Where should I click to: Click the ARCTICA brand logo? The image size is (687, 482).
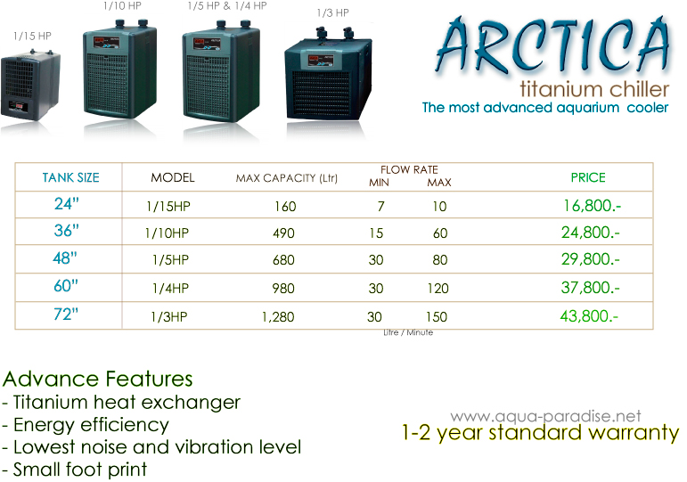point(553,47)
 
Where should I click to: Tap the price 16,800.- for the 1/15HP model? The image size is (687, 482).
point(592,206)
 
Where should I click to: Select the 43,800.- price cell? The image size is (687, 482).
point(589,316)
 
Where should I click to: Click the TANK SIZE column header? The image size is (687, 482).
point(71,177)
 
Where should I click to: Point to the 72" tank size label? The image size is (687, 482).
point(66,314)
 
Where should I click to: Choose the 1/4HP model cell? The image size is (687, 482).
point(170,289)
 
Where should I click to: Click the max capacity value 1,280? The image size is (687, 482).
point(278,317)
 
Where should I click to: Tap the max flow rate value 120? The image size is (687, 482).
point(438,289)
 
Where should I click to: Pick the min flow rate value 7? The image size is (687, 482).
point(381,206)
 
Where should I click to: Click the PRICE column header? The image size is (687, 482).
point(588,177)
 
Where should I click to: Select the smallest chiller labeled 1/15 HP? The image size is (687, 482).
point(30,85)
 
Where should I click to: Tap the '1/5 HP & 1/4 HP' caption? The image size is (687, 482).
point(227,5)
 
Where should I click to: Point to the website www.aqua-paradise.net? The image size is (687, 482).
point(545,416)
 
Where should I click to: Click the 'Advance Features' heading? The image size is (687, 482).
point(97,379)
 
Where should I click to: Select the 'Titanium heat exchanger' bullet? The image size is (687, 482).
point(121,402)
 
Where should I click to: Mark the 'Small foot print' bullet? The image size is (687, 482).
point(75,470)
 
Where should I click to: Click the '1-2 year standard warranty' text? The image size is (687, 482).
point(540,433)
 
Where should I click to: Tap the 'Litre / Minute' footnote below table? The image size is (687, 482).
point(408,332)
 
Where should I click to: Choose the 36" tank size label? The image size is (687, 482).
point(66,231)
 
